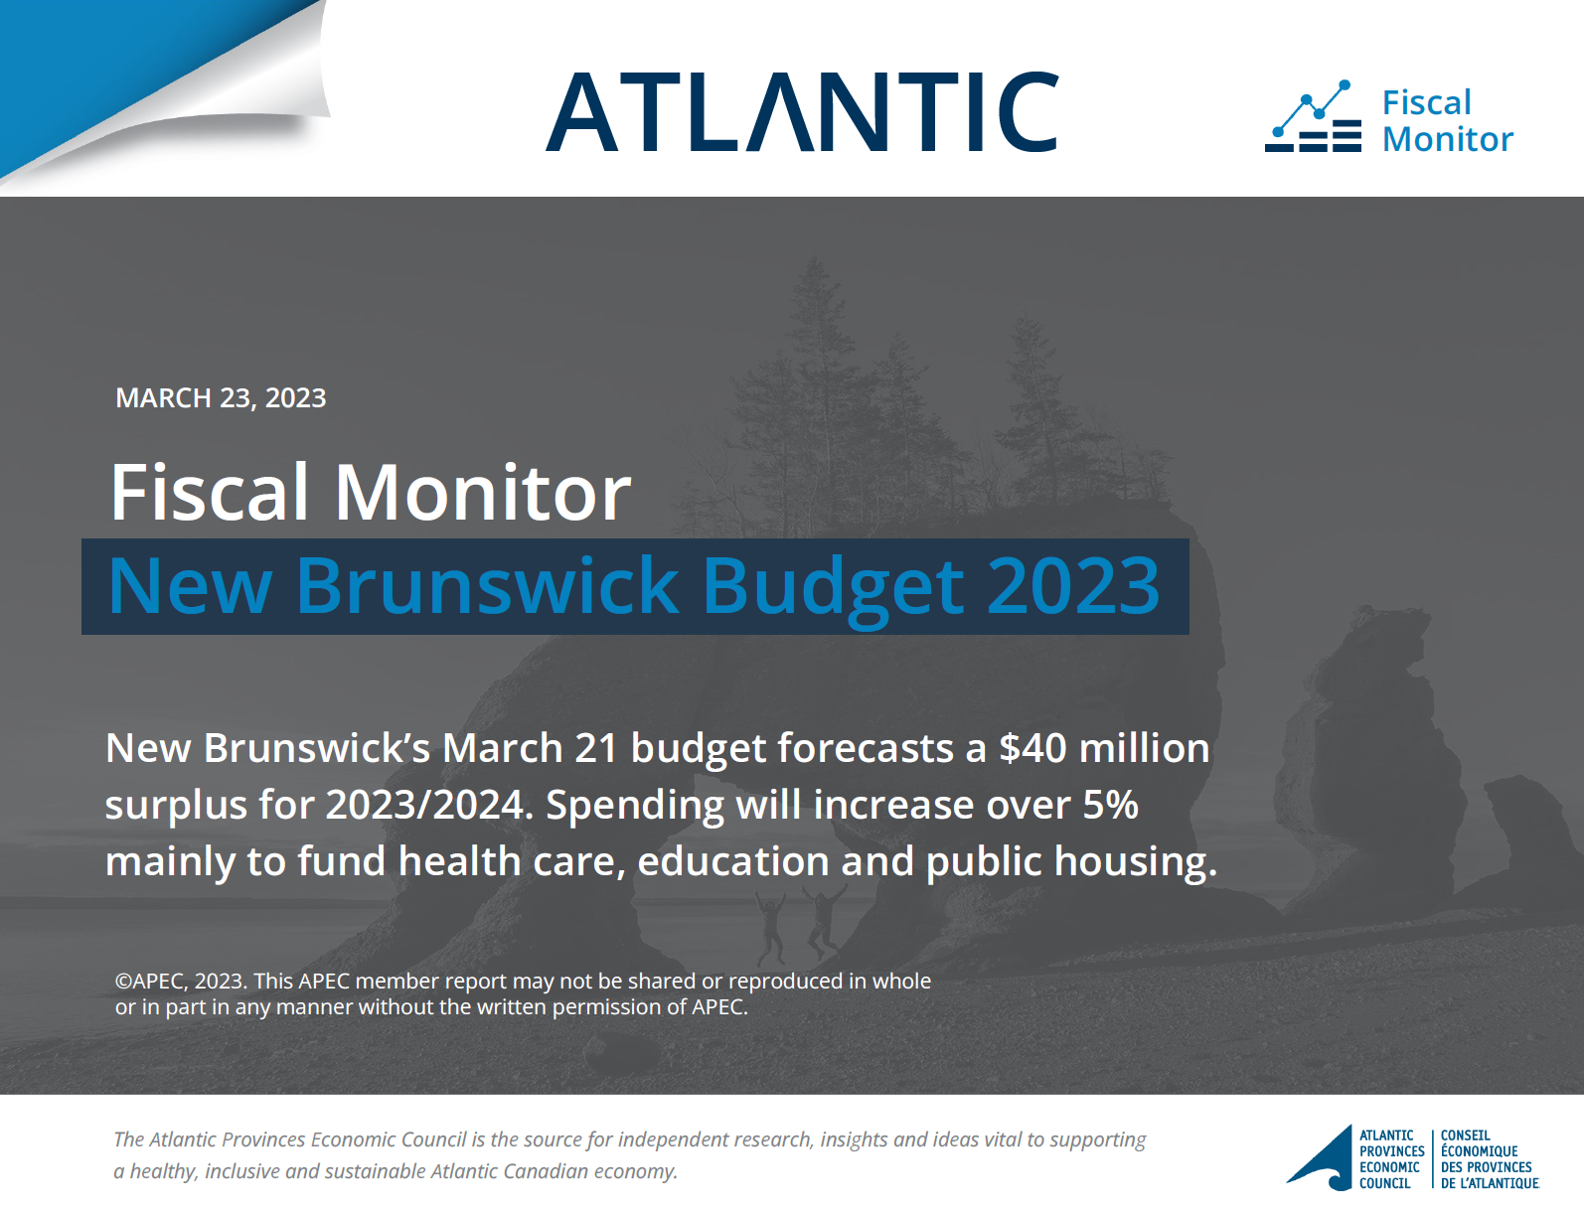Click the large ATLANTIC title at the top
802,111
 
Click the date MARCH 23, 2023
221,398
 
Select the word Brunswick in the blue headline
486,586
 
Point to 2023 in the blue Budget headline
1073,586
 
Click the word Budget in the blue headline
833,589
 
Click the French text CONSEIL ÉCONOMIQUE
1479,1143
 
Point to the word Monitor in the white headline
483,493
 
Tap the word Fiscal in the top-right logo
1427,102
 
